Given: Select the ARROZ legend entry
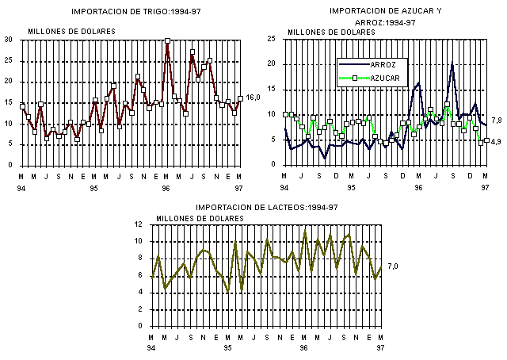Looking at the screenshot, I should [x=388, y=64].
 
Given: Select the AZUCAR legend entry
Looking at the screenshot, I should [x=388, y=78].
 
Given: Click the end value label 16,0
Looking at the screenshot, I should [x=253, y=98].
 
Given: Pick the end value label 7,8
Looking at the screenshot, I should [x=497, y=121].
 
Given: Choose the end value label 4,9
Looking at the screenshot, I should [x=497, y=142].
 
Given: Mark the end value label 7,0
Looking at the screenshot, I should [x=392, y=266].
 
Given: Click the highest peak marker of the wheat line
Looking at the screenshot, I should [x=168, y=40].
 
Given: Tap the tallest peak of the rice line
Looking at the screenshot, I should [x=452, y=63].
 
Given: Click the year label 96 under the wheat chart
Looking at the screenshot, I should [x=167, y=189].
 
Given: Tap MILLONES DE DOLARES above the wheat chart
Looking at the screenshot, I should [x=72, y=32].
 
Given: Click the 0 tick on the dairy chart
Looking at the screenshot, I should [x=141, y=326].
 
